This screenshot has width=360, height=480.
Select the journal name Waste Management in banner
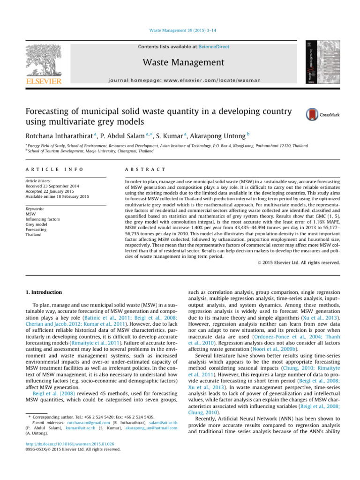click(183, 62)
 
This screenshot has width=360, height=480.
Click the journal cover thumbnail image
click(315, 61)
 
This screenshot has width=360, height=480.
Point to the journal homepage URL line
click(183, 80)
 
